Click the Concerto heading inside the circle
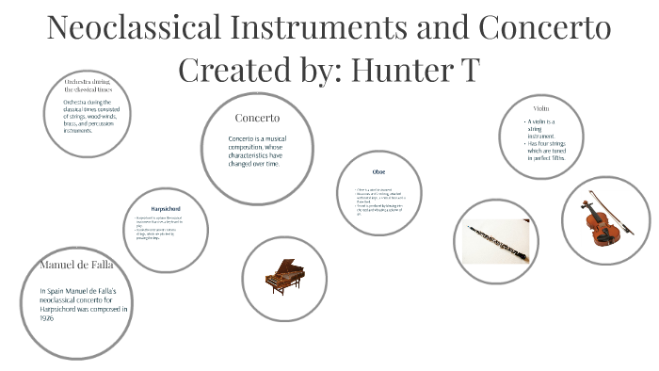pos(257,118)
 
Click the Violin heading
pos(539,108)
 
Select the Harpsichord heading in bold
pos(166,207)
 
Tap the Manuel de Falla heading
pos(76,264)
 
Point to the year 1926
pos(47,318)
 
